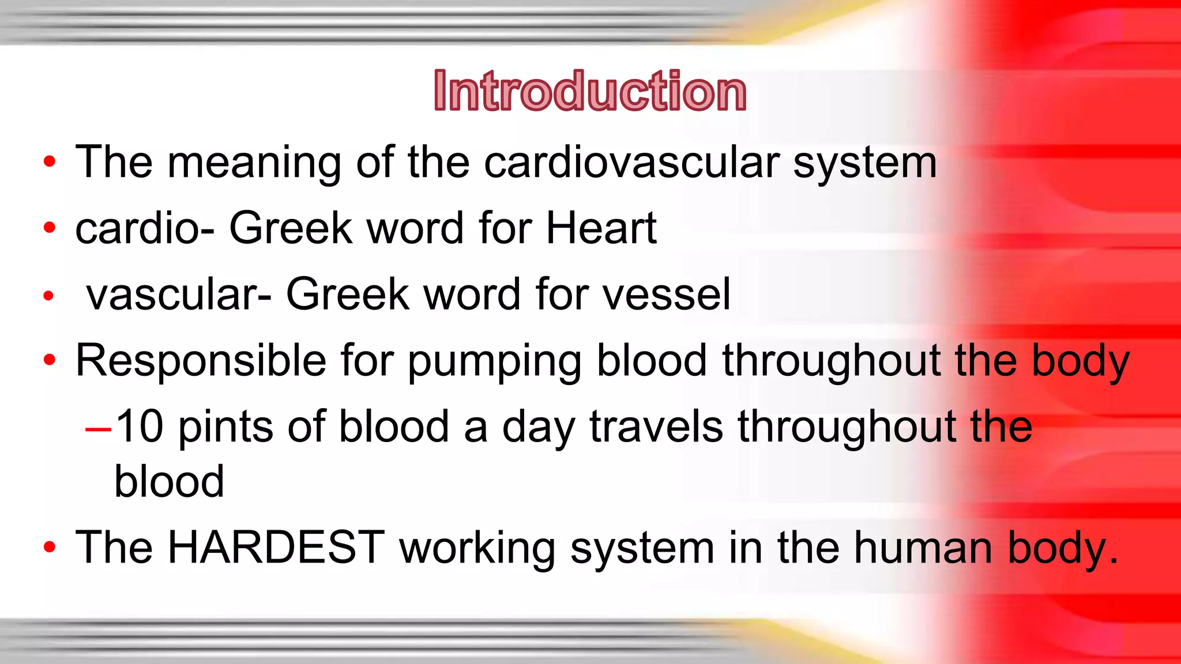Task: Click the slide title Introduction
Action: coord(590,91)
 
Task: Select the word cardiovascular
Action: coord(632,163)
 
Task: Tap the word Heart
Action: coord(601,228)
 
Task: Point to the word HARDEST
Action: coord(276,547)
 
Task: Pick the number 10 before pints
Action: coord(139,427)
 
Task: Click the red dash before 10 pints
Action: coord(97,429)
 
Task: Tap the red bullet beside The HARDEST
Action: coord(50,547)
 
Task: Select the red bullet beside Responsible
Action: coord(50,360)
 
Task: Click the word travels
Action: coord(656,427)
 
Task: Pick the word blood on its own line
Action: coord(169,482)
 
